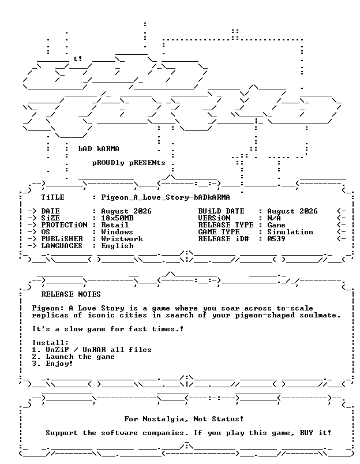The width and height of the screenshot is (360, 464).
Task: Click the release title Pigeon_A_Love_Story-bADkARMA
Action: coord(166,197)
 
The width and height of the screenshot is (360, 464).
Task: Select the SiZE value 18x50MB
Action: coord(118,218)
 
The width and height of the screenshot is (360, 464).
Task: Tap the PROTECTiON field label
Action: coord(64,225)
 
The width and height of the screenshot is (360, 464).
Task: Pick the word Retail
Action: coord(115,225)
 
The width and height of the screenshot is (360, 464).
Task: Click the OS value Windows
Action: coord(117,232)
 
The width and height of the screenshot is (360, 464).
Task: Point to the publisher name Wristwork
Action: coord(122,239)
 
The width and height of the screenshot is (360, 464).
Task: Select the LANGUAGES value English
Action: coord(118,246)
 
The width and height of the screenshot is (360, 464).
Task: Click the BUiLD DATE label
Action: coord(222,211)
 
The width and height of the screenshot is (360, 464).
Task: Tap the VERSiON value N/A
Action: coord(274,218)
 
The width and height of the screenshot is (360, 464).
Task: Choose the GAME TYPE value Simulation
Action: coord(290,232)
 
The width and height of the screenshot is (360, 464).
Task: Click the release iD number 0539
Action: coord(276,239)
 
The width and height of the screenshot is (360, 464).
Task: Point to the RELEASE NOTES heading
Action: coord(71,294)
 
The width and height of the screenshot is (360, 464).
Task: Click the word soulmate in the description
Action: coord(318,315)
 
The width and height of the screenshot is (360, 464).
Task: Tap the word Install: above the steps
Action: coord(50,343)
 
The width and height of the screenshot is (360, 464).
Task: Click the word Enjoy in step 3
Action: coord(57,364)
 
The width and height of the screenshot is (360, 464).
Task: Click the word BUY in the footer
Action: coord(306,433)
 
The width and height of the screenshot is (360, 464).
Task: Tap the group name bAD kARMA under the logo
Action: coord(99,149)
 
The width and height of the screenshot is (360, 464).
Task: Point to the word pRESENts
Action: coord(147,163)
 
